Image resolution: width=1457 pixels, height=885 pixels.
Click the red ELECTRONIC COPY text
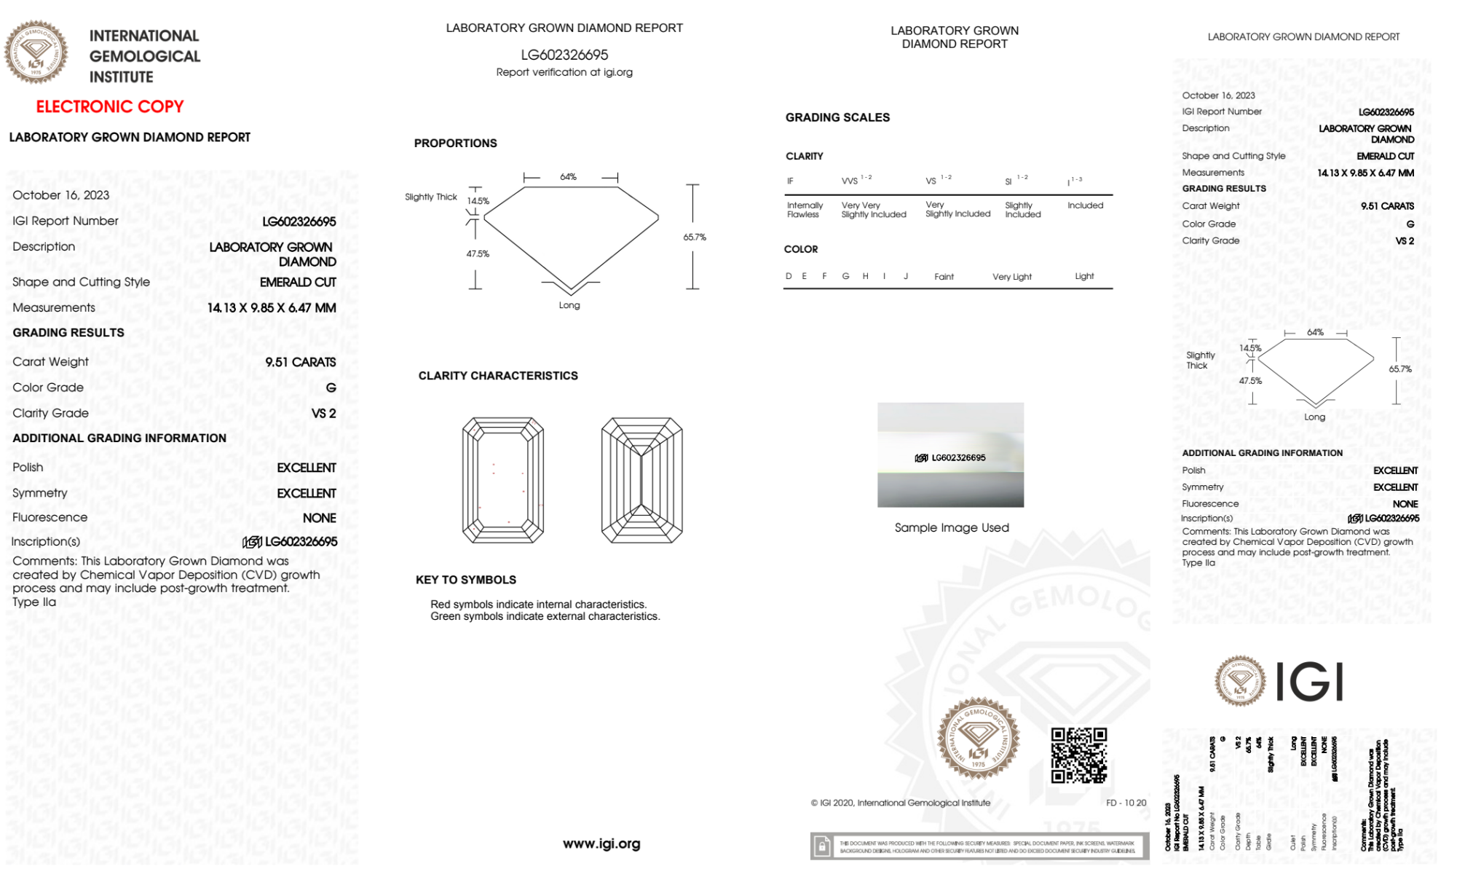110,107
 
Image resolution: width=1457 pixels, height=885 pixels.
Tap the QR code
1078,755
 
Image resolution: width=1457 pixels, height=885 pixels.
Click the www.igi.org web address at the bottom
601,843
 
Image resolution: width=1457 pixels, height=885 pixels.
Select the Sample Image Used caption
951,527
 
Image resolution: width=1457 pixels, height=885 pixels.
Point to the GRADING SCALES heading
837,117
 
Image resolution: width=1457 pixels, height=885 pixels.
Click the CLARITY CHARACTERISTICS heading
498,376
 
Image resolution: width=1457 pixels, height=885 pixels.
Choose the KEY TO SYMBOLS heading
466,580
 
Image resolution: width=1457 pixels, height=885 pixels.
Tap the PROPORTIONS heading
456,143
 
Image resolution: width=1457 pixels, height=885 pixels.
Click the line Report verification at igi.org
564,72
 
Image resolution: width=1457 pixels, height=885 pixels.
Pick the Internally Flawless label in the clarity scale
805,210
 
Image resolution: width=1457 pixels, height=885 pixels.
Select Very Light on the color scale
1011,277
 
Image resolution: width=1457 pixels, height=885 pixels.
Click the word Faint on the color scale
944,277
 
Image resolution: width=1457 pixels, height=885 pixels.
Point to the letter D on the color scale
789,276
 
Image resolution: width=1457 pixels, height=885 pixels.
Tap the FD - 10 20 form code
1126,803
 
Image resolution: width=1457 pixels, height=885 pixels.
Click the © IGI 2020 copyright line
901,803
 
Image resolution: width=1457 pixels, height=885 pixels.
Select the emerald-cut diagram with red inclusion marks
503,480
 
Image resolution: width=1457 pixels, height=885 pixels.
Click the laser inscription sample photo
950,455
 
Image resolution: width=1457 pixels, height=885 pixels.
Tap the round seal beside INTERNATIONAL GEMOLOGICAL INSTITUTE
36,52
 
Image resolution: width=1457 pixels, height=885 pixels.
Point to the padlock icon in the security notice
822,846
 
